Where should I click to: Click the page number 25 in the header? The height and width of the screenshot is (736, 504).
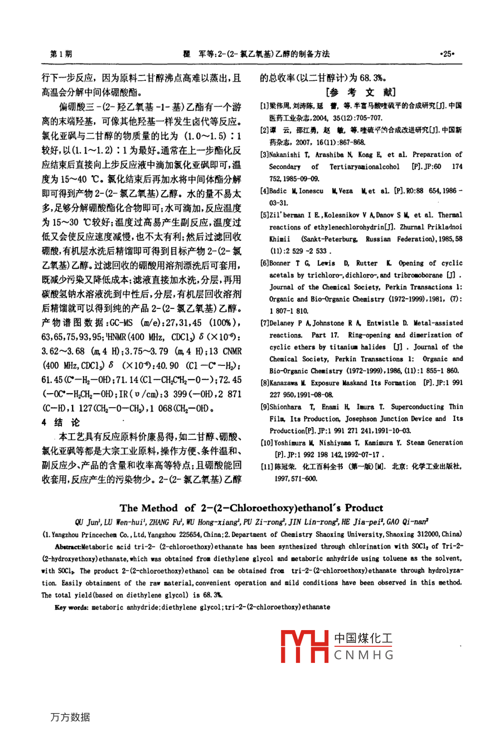click(x=447, y=54)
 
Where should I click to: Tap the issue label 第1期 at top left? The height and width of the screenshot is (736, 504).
click(x=61, y=54)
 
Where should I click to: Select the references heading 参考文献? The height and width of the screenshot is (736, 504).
click(x=360, y=92)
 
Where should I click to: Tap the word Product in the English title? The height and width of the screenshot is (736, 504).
click(x=364, y=508)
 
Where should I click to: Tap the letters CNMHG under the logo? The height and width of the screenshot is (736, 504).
click(x=364, y=655)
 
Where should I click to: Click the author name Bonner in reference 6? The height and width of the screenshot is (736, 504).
click(x=280, y=263)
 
